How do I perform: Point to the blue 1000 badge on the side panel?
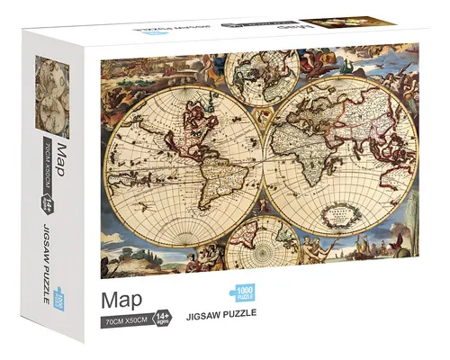[60, 297]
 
